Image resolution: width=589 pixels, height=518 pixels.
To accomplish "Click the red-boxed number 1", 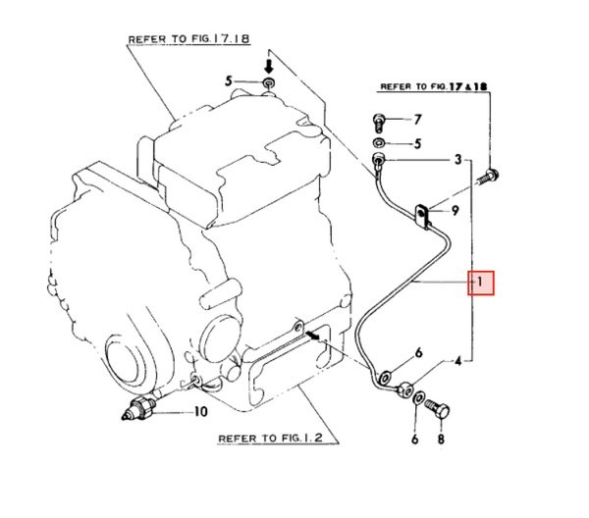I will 482,283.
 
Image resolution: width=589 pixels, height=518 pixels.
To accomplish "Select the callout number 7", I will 416,121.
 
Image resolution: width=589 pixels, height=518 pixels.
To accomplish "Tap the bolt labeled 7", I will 380,122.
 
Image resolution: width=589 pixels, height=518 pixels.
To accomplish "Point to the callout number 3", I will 456,159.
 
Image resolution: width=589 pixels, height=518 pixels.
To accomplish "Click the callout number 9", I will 456,210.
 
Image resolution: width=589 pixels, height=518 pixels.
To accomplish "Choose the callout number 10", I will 200,413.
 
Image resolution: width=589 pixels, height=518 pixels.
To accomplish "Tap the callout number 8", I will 441,440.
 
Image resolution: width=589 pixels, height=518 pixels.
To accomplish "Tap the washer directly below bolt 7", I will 379,142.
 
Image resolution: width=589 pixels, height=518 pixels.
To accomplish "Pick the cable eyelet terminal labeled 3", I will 377,158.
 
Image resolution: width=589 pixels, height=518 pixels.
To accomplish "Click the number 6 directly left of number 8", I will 414,440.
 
